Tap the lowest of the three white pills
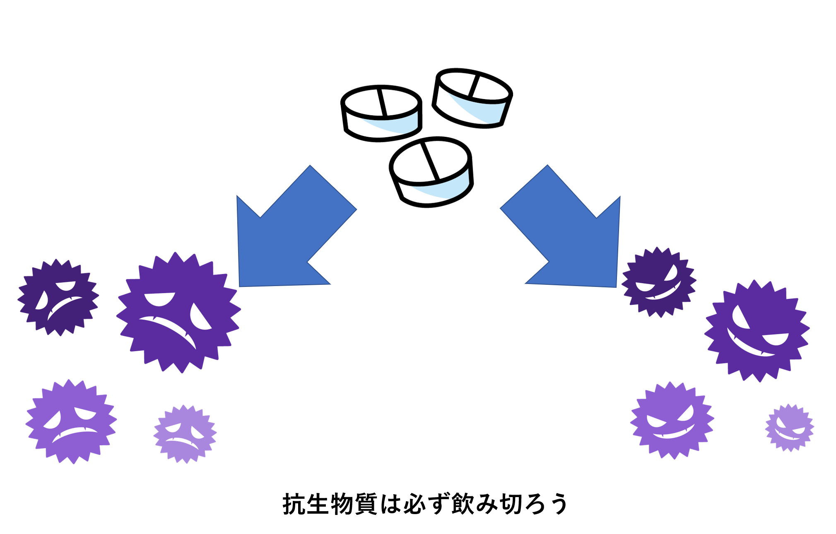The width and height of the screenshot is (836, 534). tap(431, 172)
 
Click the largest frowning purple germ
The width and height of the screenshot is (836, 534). tap(178, 313)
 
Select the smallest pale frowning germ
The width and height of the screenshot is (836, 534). tap(185, 434)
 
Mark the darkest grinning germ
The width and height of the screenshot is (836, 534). tap(658, 282)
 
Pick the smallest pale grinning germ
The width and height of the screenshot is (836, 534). tap(789, 427)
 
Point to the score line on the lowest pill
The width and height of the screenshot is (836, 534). tap(431, 161)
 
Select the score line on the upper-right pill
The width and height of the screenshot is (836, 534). tap(473, 85)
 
